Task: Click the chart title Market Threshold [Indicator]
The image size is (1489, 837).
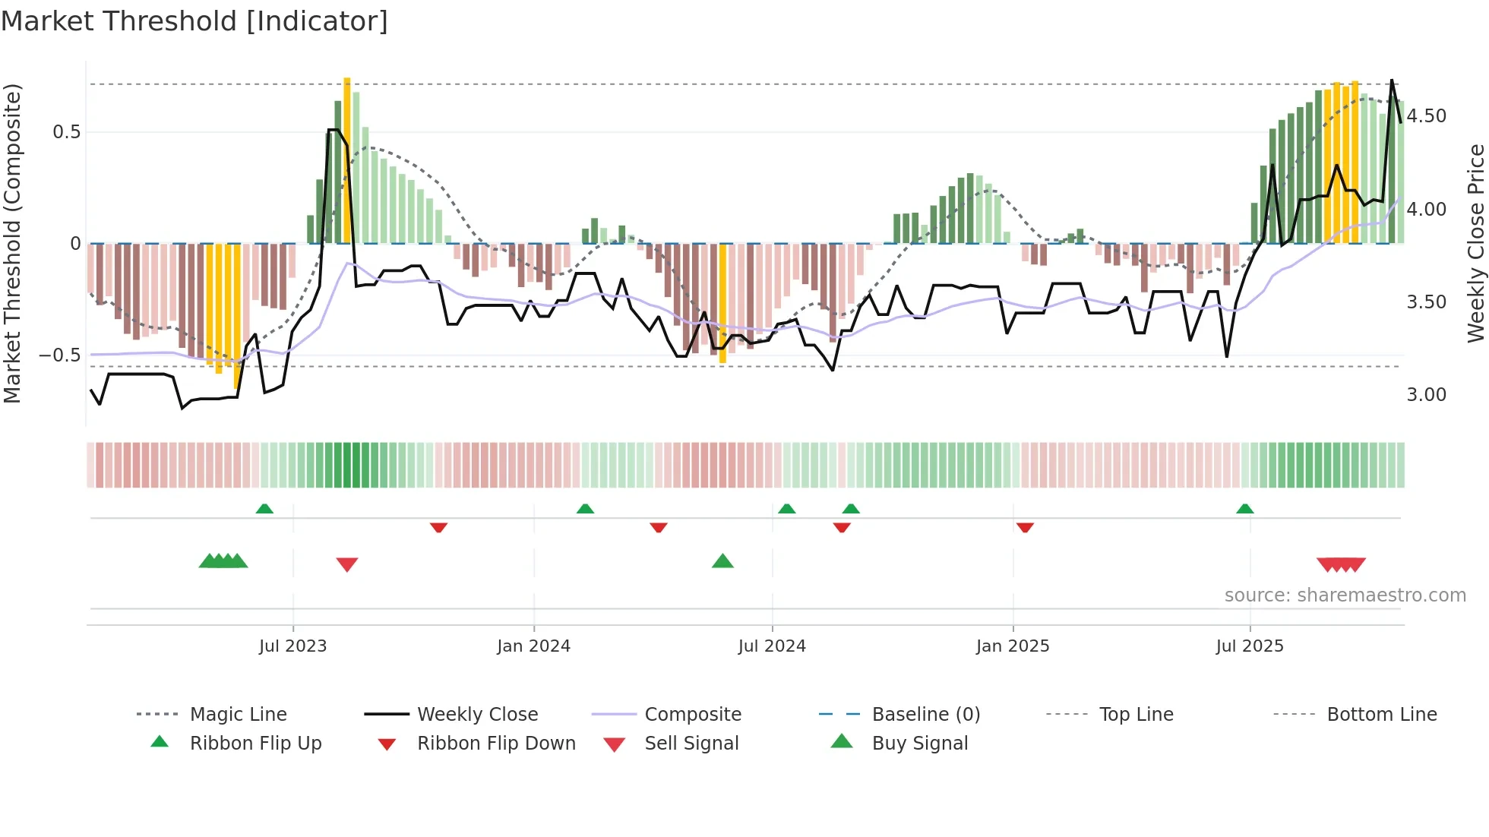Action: point(194,21)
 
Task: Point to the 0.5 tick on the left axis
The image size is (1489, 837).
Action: point(66,132)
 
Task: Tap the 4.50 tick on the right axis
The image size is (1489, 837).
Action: point(1426,116)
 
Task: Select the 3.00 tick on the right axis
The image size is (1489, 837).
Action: point(1426,395)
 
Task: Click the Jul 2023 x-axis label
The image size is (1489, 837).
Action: point(292,646)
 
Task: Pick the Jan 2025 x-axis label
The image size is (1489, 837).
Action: point(1012,646)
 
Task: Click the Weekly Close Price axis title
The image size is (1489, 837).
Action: point(1475,243)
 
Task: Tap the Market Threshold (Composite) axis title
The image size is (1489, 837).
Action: point(12,243)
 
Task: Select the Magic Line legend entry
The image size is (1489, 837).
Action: point(238,715)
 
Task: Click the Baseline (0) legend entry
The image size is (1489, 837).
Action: point(925,715)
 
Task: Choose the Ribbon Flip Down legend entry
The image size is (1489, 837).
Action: point(496,744)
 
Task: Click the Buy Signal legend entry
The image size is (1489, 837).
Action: point(919,744)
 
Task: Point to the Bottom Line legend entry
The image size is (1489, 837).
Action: point(1381,715)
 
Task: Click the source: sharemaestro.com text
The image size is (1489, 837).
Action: point(1345,595)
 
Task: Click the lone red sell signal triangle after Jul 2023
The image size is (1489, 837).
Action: point(347,564)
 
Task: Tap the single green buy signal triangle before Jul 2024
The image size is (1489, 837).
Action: point(722,561)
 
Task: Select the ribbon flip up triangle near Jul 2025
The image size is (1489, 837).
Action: point(1244,509)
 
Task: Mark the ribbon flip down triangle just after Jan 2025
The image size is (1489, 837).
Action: point(1025,527)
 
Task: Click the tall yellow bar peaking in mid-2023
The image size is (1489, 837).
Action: point(347,160)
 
